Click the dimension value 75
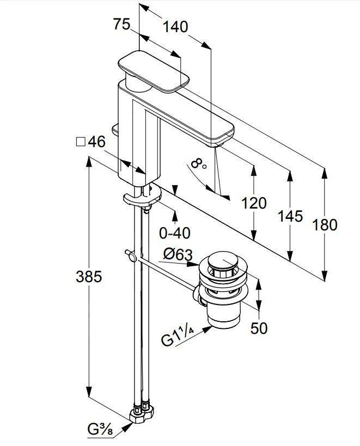click(x=123, y=25)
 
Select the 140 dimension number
click(x=175, y=26)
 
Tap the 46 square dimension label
click(x=96, y=142)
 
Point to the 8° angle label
click(x=199, y=164)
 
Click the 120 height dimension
click(x=254, y=203)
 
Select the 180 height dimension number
click(x=326, y=224)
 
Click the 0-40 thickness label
click(x=174, y=233)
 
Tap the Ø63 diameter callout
click(x=176, y=254)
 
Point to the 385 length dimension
click(x=88, y=277)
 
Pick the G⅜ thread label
click(x=100, y=429)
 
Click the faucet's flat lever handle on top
click(x=154, y=70)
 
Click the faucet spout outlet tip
click(x=221, y=140)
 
